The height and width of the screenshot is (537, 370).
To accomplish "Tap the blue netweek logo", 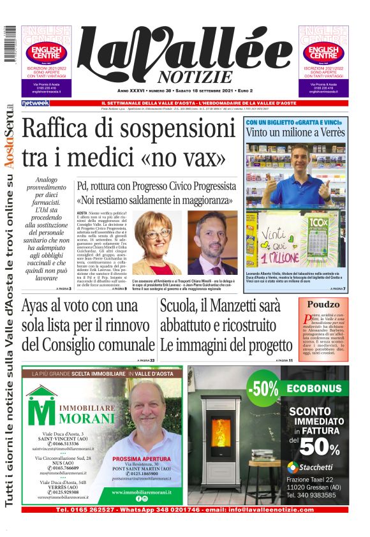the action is coord(35,103).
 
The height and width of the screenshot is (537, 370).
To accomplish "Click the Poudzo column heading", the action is coord(323,305).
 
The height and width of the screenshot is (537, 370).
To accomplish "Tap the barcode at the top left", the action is coord(8,43).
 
